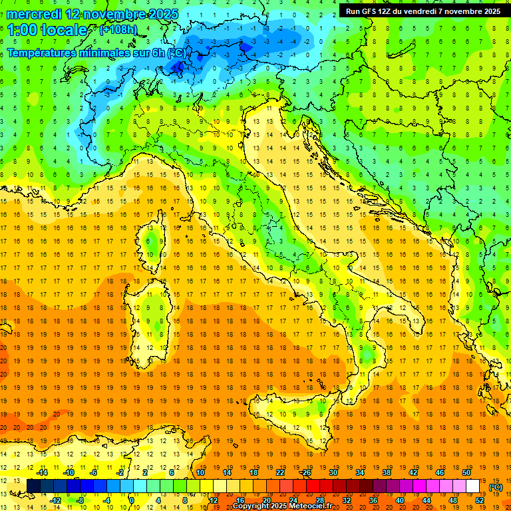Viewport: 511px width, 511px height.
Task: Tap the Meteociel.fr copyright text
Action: [x=282, y=506]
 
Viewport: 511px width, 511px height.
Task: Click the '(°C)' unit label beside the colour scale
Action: [x=496, y=487]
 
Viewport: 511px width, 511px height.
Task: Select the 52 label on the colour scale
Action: [x=480, y=500]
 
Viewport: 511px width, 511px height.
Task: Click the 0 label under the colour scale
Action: [x=132, y=500]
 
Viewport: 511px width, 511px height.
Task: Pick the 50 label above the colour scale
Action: [x=466, y=472]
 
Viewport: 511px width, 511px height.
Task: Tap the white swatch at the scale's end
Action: [x=473, y=486]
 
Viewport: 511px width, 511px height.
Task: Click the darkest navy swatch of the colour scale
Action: [x=33, y=486]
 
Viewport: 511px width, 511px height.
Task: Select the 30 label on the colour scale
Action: [x=333, y=472]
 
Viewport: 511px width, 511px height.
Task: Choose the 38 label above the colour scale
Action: [x=387, y=472]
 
